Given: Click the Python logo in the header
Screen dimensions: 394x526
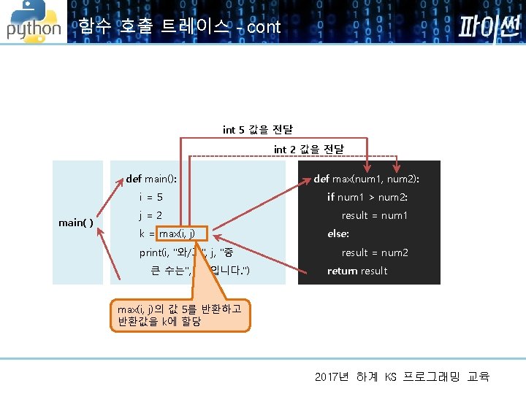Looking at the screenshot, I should (x=34, y=22).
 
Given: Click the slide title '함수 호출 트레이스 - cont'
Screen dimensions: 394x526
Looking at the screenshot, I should (x=179, y=28).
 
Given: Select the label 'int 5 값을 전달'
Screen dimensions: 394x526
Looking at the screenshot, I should (x=258, y=130).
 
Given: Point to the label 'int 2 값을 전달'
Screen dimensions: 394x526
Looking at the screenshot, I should (x=309, y=150).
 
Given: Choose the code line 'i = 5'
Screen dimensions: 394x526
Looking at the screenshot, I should (x=151, y=197).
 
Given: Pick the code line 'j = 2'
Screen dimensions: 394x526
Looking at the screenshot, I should (x=150, y=215).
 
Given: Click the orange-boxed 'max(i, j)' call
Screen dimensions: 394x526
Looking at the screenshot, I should (x=182, y=233).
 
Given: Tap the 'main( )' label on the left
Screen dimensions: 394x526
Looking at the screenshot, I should (x=76, y=223).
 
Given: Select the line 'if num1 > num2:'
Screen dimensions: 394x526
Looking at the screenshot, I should (x=367, y=197).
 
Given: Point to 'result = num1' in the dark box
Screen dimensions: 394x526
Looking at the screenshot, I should (x=375, y=215).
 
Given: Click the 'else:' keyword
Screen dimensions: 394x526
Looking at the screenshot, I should (x=338, y=234).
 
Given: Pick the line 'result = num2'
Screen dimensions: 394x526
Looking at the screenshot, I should (x=375, y=252).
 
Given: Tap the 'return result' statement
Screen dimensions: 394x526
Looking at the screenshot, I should (x=357, y=271).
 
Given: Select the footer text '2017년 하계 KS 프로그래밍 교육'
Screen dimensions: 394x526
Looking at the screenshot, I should (x=402, y=376).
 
